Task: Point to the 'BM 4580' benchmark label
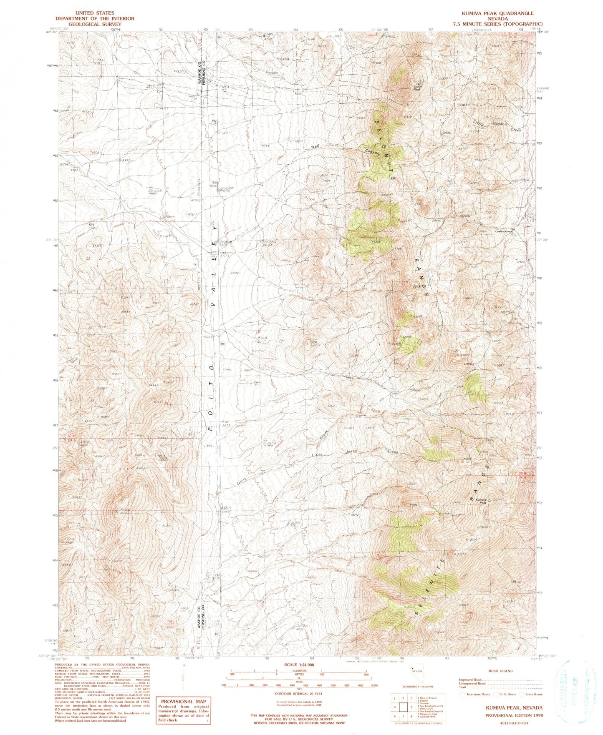93,226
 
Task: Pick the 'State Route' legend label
534,694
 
